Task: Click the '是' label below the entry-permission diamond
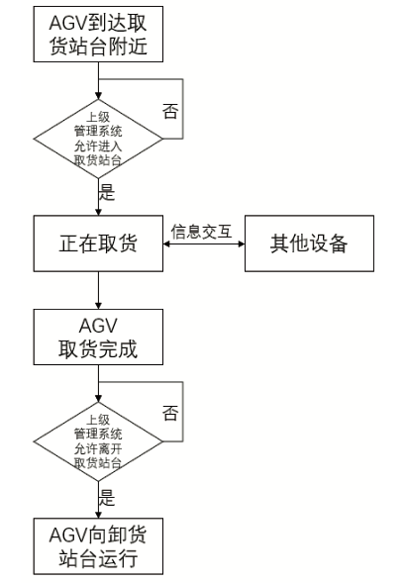click(x=108, y=194)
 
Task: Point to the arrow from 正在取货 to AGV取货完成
click(x=99, y=290)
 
